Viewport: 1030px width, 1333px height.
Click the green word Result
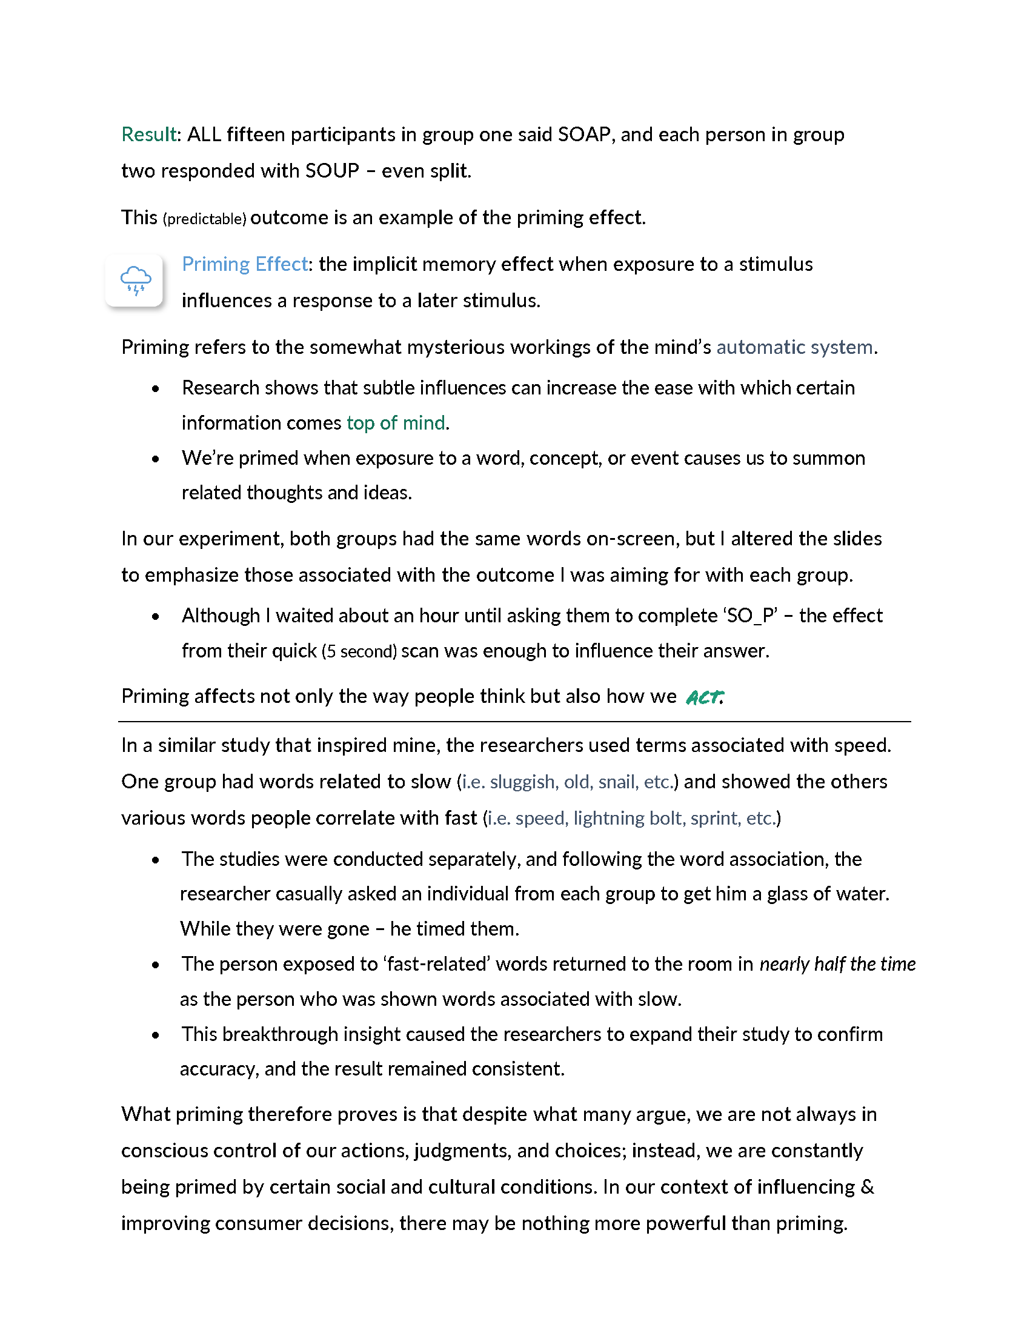(149, 135)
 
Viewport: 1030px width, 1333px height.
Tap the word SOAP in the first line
(584, 135)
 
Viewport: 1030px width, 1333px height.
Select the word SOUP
(332, 171)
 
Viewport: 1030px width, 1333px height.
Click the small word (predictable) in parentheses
(204, 219)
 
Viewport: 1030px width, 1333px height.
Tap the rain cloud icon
(135, 280)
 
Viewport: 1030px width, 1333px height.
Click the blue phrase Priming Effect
(245, 264)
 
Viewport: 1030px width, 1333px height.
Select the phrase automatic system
(794, 347)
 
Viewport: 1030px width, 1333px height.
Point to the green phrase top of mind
(396, 423)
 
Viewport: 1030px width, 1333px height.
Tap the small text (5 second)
(359, 651)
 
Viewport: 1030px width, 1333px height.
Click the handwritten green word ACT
(705, 697)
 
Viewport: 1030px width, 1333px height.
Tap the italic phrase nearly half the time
(837, 964)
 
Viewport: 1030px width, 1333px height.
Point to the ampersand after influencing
(867, 1186)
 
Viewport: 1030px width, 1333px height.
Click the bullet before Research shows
(156, 389)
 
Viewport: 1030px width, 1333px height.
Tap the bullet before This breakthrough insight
(156, 1035)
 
